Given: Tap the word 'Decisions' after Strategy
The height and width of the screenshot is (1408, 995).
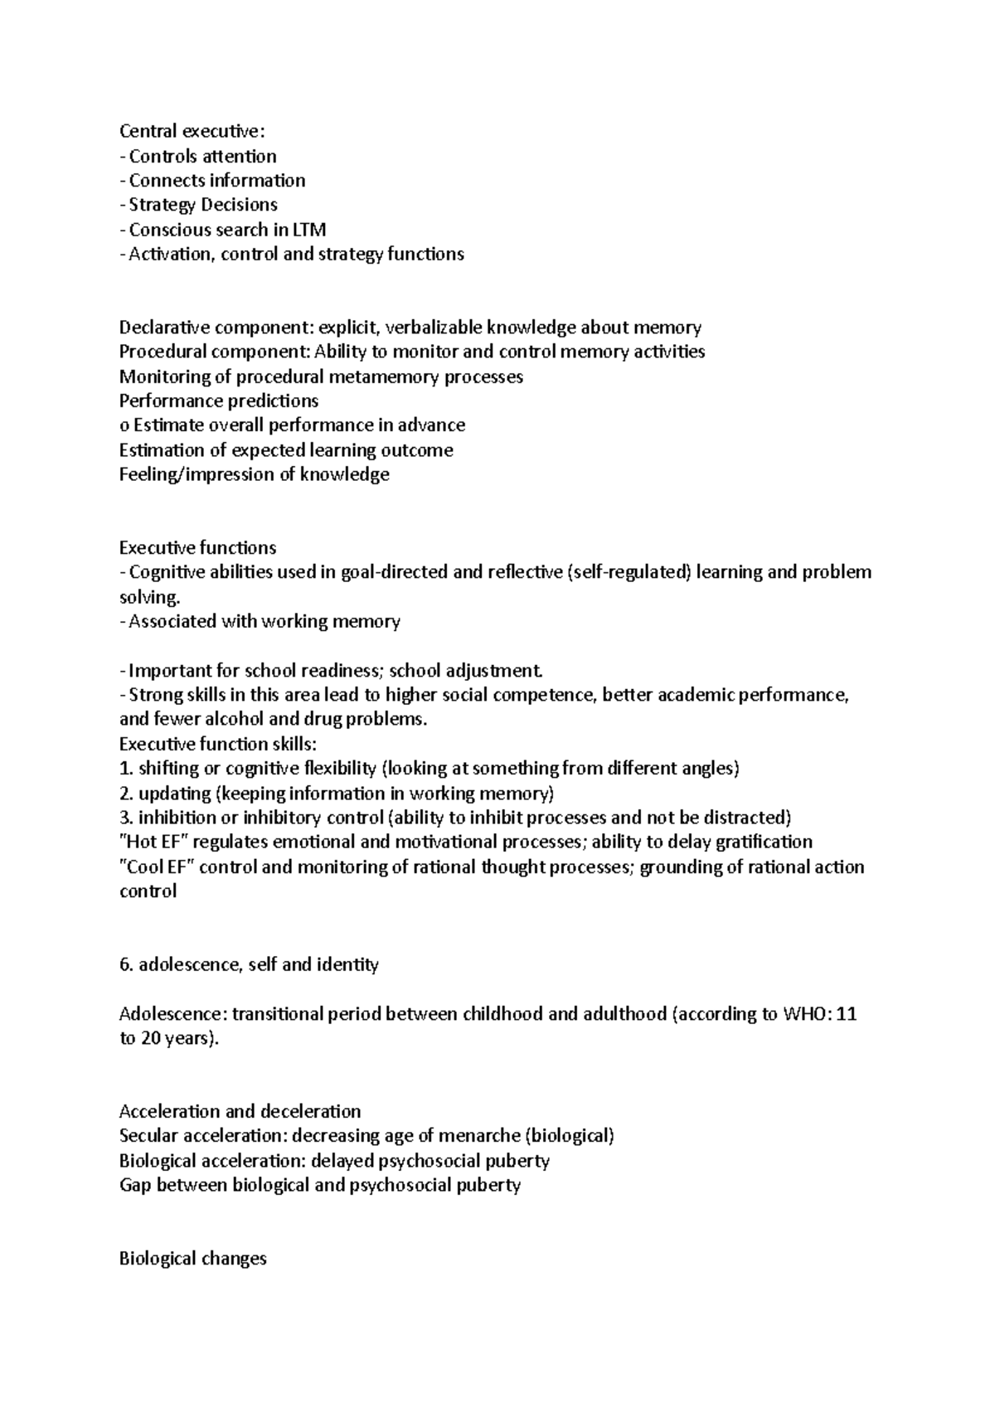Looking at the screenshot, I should [x=240, y=205].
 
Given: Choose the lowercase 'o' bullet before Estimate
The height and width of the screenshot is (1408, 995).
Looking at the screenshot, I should [x=124, y=425].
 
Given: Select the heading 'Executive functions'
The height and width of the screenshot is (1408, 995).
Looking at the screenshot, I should [x=197, y=547].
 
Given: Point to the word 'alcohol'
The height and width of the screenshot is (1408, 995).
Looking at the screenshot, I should [x=231, y=719].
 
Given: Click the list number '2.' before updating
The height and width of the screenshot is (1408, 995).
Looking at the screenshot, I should [x=126, y=793].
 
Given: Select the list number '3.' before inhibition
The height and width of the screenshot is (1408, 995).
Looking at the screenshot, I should [x=126, y=818].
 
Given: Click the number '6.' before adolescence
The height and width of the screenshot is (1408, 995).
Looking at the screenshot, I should [x=126, y=964].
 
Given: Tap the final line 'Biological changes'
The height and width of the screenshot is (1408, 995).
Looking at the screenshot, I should [x=192, y=1258].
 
